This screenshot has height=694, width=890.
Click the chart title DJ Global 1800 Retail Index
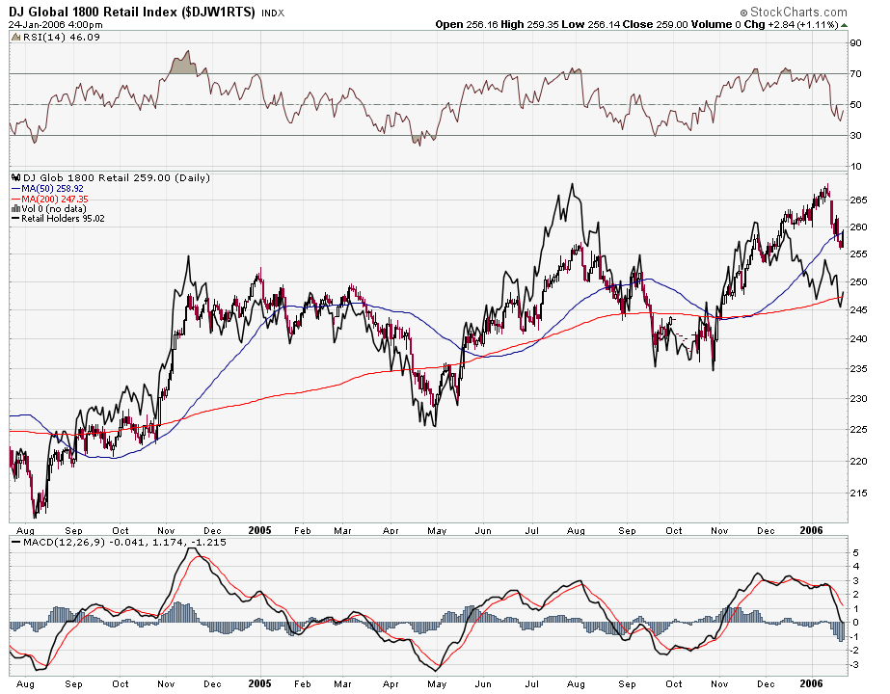pyautogui.click(x=132, y=12)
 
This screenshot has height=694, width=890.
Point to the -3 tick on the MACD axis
pyautogui.click(x=853, y=664)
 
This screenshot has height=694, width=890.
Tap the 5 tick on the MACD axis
pyautogui.click(x=853, y=552)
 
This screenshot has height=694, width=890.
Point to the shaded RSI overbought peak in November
pyautogui.click(x=181, y=67)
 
